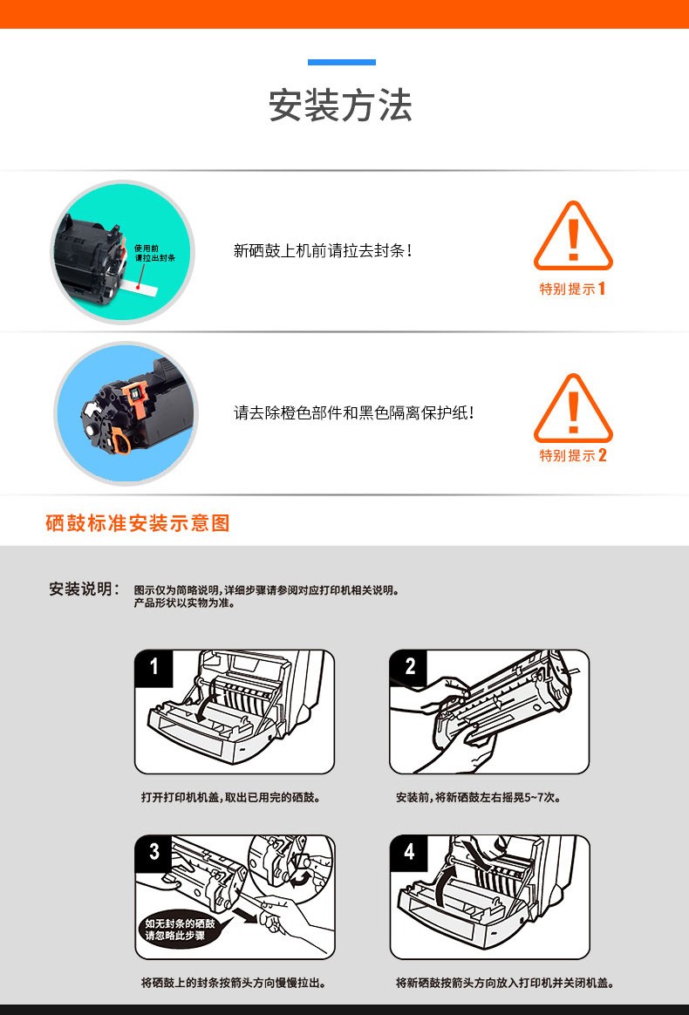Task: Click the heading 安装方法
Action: [341, 105]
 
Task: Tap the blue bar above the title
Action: [342, 62]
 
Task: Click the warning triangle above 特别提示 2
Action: [573, 408]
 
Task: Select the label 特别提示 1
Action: [573, 289]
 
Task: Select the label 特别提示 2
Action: [573, 455]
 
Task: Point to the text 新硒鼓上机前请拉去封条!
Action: [323, 250]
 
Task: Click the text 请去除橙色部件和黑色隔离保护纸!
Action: [353, 412]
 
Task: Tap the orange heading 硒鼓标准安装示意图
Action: [138, 523]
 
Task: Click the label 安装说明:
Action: [85, 589]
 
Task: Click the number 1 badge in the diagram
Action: [153, 667]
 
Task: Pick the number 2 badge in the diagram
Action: [409, 667]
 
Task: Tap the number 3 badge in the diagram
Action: [153, 852]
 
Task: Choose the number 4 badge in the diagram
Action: [409, 852]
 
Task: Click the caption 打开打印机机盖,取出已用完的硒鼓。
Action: [231, 798]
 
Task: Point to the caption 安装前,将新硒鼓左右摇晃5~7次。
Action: [479, 798]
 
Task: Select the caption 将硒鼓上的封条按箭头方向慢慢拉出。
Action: [234, 983]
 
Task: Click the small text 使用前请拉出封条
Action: [154, 253]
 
